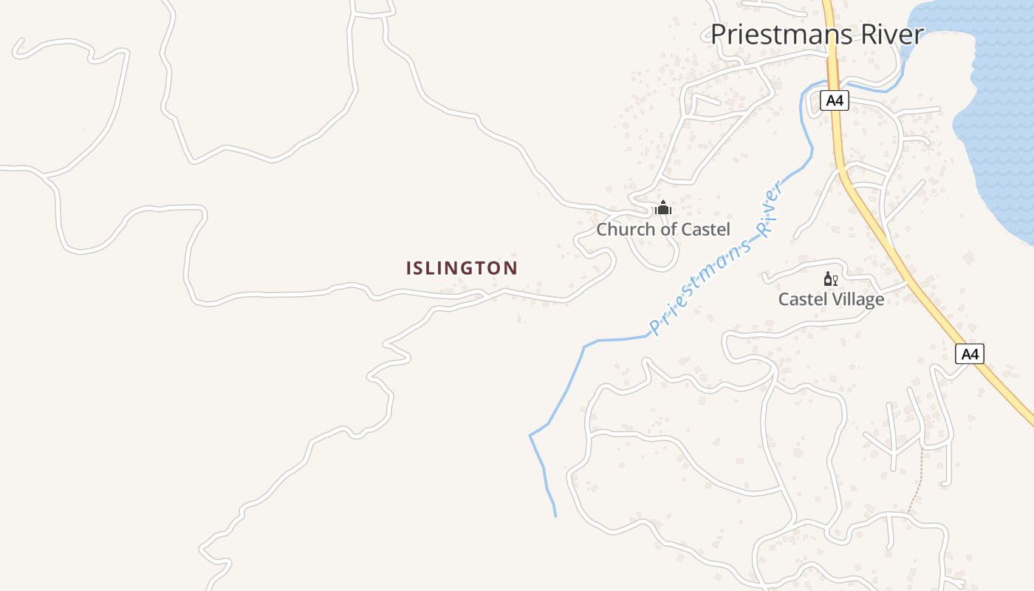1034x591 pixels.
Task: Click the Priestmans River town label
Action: (817, 35)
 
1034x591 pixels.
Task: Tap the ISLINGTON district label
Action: (462, 268)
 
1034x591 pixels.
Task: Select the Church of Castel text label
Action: (663, 229)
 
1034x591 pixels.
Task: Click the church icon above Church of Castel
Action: (663, 208)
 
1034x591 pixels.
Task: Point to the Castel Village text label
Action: (831, 299)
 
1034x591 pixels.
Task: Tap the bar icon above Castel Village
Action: (831, 279)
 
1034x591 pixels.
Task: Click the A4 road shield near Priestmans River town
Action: (834, 100)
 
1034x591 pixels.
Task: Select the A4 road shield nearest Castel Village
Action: (970, 354)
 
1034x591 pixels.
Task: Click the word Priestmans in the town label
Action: (771, 35)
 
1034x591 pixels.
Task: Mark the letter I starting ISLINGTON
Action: (408, 268)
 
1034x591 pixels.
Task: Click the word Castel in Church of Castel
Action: (705, 229)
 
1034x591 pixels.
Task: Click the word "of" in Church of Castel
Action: (668, 229)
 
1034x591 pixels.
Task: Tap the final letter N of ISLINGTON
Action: (511, 268)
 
